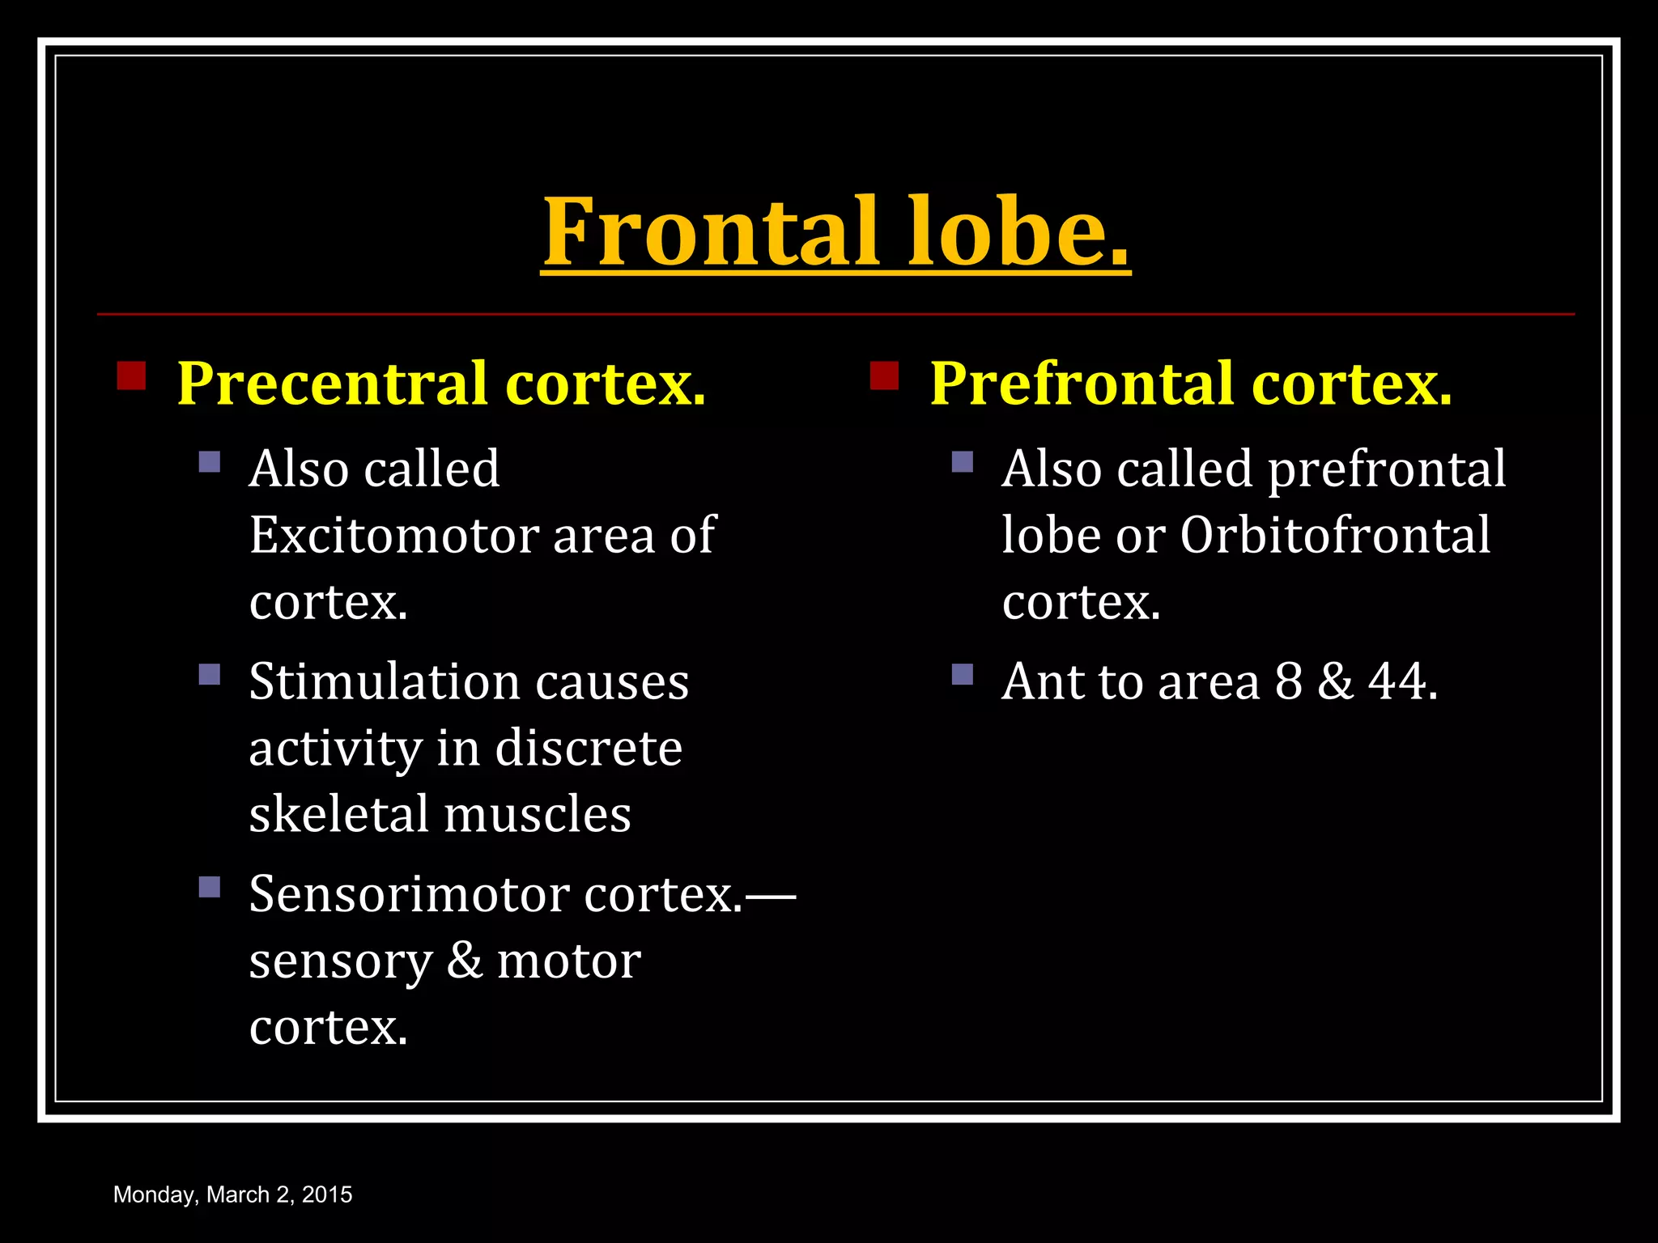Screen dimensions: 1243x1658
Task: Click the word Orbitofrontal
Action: tap(1334, 535)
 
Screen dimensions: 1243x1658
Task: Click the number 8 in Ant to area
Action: tap(1289, 681)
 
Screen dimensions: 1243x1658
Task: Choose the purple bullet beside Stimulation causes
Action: tap(210, 674)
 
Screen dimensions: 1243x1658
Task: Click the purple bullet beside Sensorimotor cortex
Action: tap(210, 887)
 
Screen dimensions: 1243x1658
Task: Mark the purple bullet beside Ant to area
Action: tap(963, 674)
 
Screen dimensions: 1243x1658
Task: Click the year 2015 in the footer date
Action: tap(327, 1194)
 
